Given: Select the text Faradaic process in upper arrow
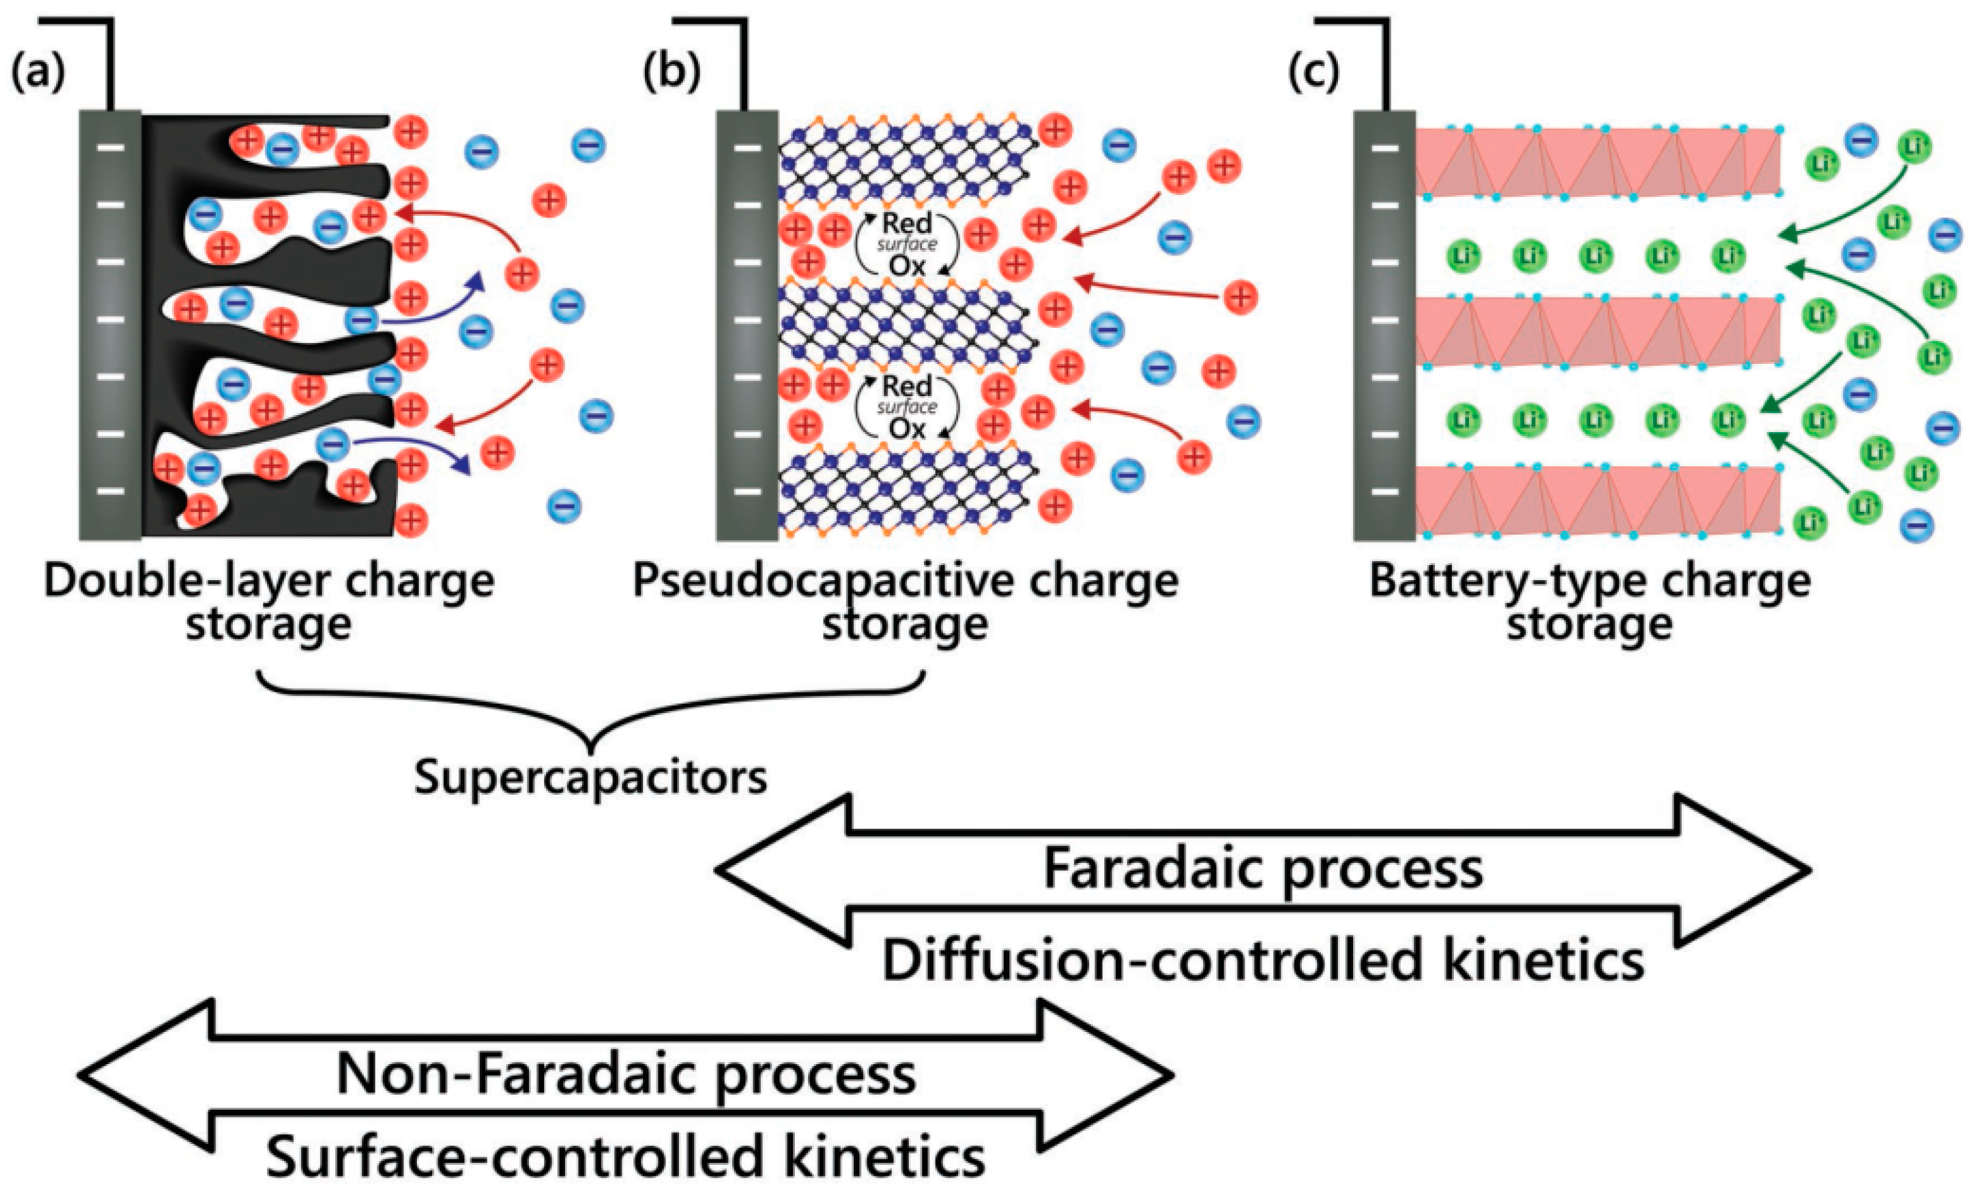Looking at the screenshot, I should (1263, 870).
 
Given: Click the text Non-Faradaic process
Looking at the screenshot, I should (626, 1075).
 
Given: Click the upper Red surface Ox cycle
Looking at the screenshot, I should (907, 244).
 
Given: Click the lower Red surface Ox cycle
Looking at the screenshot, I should (907, 407).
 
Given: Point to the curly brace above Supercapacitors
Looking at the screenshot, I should (591, 710).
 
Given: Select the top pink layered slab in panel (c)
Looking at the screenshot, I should (1597, 162).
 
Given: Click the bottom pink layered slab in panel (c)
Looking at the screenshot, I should (1597, 500).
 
